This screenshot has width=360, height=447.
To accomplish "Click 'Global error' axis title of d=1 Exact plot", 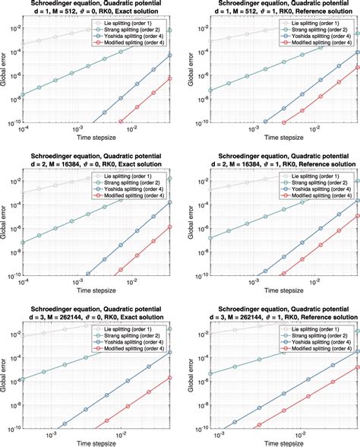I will [6, 72].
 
